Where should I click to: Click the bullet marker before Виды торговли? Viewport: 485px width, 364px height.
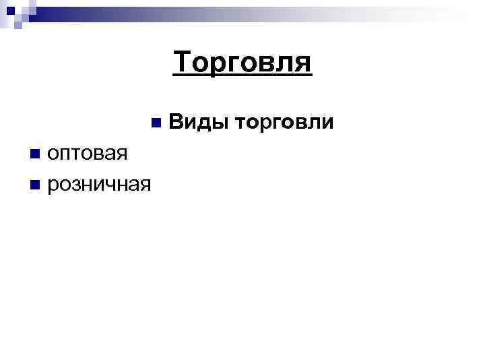click(x=156, y=123)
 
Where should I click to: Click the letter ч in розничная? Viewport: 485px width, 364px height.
click(x=115, y=185)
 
